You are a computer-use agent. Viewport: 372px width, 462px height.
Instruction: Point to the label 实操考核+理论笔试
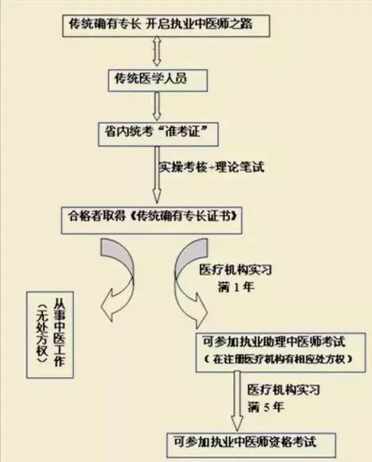pyautogui.click(x=210, y=167)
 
